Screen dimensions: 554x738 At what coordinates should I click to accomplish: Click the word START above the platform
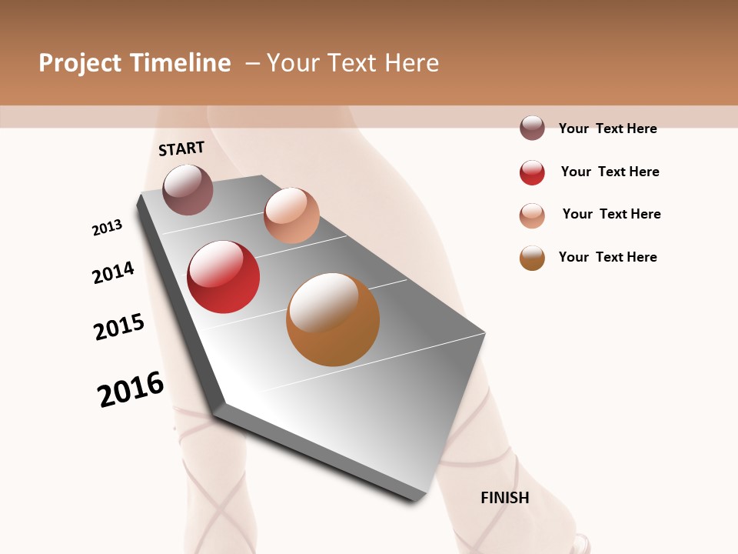(x=181, y=149)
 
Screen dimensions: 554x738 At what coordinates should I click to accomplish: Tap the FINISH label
(x=505, y=498)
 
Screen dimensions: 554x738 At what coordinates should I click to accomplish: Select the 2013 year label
(x=107, y=228)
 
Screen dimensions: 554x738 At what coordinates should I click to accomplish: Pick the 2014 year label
(x=113, y=272)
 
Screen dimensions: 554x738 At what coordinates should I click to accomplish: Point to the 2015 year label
(x=119, y=327)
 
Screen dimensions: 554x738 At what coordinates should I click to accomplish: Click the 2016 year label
(x=131, y=389)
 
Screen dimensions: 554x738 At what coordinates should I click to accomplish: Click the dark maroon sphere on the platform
(x=188, y=189)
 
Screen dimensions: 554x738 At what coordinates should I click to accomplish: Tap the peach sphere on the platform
(x=291, y=215)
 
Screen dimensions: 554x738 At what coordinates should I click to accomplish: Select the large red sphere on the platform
(x=224, y=277)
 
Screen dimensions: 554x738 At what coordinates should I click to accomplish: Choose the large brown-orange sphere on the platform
(x=333, y=319)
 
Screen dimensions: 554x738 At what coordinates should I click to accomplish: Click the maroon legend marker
(x=532, y=128)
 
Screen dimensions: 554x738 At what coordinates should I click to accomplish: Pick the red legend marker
(x=532, y=172)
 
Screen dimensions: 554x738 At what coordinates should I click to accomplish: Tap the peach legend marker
(x=532, y=215)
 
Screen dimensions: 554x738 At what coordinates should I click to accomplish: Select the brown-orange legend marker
(x=532, y=258)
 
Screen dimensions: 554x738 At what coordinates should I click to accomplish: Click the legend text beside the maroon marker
(x=607, y=128)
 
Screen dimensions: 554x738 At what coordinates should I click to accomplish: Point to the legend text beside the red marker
(x=610, y=172)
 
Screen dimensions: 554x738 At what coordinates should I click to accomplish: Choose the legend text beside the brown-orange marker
(x=607, y=257)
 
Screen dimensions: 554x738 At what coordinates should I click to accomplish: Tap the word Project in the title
(x=80, y=63)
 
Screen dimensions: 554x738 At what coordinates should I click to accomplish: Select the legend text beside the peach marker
(x=611, y=214)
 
